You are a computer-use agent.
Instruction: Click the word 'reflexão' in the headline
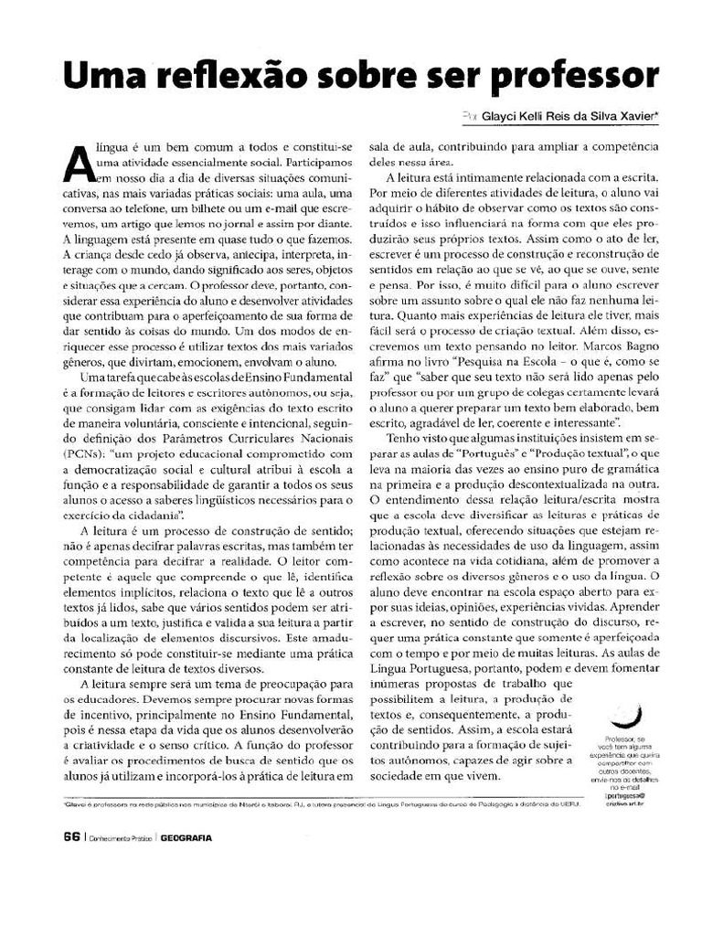pyautogui.click(x=230, y=74)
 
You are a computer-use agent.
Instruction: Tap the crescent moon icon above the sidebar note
pyautogui.click(x=627, y=713)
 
